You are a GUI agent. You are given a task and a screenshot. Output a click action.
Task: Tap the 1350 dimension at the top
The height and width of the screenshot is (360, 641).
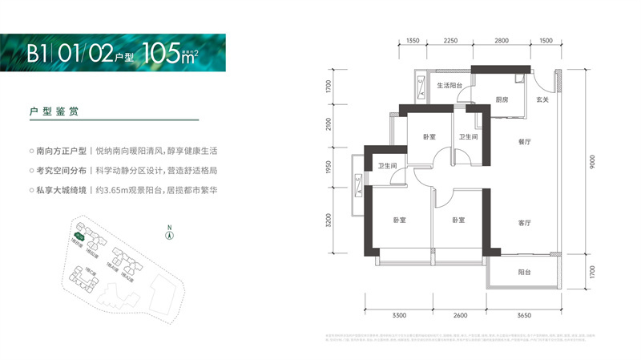pos(413,40)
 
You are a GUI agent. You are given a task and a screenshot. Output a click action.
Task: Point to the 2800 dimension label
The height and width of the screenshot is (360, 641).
pos(502,40)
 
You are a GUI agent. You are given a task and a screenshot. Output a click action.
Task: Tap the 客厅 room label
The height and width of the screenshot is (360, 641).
pos(525,223)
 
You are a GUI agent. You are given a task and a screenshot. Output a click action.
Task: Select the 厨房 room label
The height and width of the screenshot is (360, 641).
pos(502,100)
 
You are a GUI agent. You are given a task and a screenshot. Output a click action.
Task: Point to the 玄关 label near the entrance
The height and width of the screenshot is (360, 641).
pos(542,100)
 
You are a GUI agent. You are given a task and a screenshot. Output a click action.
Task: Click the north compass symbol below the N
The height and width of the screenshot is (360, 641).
pos(169,236)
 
